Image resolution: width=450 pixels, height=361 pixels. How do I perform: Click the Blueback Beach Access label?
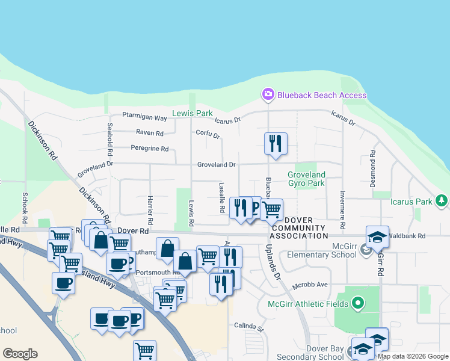click(x=321, y=95)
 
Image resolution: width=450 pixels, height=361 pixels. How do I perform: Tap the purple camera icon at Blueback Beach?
click(x=268, y=94)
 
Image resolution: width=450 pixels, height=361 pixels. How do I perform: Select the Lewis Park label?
click(x=193, y=113)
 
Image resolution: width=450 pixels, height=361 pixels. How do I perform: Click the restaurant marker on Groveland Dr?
click(x=276, y=144)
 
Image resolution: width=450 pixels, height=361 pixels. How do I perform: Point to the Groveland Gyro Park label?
click(x=306, y=179)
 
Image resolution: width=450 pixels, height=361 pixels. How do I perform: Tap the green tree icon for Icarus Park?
click(x=442, y=200)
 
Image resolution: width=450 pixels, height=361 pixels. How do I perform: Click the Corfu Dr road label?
click(x=208, y=134)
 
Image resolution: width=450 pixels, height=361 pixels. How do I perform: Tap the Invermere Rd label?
click(x=342, y=211)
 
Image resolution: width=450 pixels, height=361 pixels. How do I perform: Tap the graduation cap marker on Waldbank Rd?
click(x=377, y=237)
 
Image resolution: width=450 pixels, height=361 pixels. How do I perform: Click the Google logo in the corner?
click(x=20, y=354)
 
